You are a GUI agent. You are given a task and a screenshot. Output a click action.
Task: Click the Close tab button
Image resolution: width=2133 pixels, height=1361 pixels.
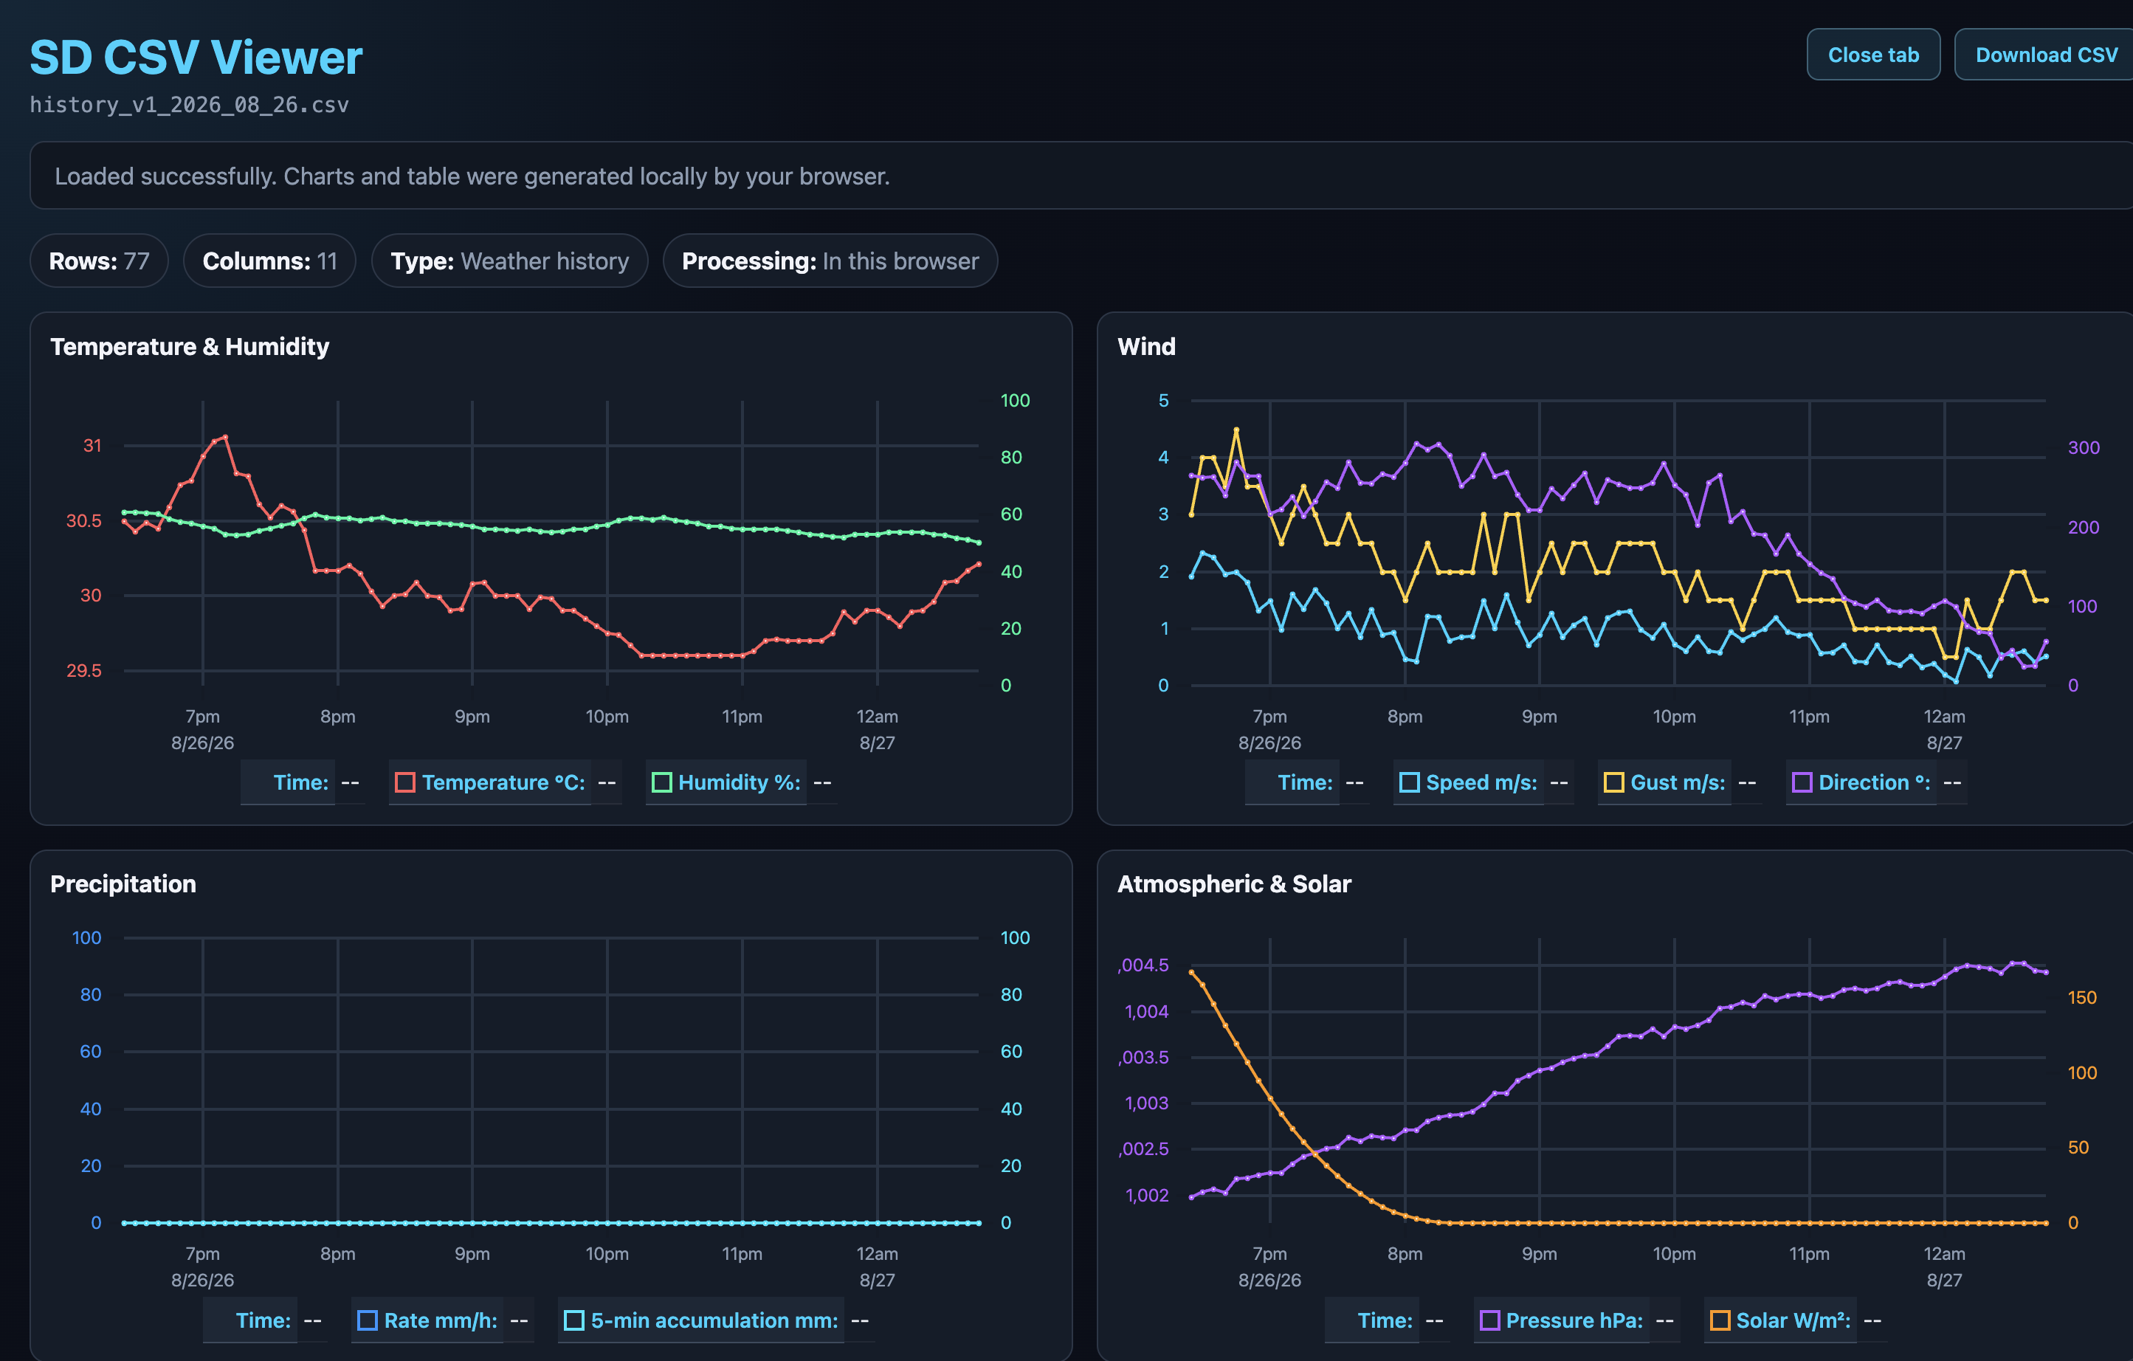click(x=1872, y=55)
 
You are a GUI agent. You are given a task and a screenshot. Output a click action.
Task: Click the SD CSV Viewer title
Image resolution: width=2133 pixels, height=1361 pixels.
click(x=196, y=58)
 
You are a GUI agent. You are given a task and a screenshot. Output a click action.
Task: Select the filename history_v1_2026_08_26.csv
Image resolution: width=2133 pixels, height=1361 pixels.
click(x=190, y=106)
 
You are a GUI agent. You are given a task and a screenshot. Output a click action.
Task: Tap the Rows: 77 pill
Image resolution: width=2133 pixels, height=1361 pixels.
click(x=99, y=261)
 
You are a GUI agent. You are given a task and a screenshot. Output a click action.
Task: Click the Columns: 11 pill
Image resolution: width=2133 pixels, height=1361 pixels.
click(x=269, y=261)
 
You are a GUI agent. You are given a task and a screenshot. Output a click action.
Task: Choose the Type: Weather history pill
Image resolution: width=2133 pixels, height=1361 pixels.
click(x=509, y=261)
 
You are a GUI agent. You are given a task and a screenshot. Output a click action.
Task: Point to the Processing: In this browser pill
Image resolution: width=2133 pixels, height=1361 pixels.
click(x=830, y=261)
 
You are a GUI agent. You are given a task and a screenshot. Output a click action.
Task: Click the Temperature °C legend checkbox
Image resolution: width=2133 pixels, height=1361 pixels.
click(x=404, y=782)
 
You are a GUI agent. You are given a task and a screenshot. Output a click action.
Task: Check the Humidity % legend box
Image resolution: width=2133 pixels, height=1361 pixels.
click(x=662, y=782)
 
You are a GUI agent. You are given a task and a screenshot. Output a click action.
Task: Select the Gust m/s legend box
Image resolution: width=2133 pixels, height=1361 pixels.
click(x=1614, y=782)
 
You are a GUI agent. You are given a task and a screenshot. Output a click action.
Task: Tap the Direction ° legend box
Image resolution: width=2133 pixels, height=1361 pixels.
click(x=1802, y=782)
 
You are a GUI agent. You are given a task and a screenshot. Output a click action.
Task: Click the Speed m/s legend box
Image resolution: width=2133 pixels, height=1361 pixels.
click(x=1409, y=782)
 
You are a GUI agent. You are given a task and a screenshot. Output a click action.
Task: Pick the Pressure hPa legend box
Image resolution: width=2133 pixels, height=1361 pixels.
click(x=1490, y=1320)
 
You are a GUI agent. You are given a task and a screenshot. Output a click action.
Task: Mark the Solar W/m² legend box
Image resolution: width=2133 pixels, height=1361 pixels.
click(x=1720, y=1320)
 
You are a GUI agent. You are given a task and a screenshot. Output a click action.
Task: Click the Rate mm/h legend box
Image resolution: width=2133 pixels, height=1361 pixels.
click(x=367, y=1320)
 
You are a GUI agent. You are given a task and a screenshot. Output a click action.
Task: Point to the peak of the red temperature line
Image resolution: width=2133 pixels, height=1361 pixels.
click(x=226, y=437)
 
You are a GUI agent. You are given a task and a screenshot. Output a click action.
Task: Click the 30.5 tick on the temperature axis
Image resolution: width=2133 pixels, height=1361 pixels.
click(x=84, y=521)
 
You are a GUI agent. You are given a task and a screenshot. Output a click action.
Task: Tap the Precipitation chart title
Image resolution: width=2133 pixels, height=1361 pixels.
click(x=123, y=884)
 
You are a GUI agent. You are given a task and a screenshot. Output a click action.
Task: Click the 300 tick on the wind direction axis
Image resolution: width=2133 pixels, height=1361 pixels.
click(x=2084, y=448)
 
